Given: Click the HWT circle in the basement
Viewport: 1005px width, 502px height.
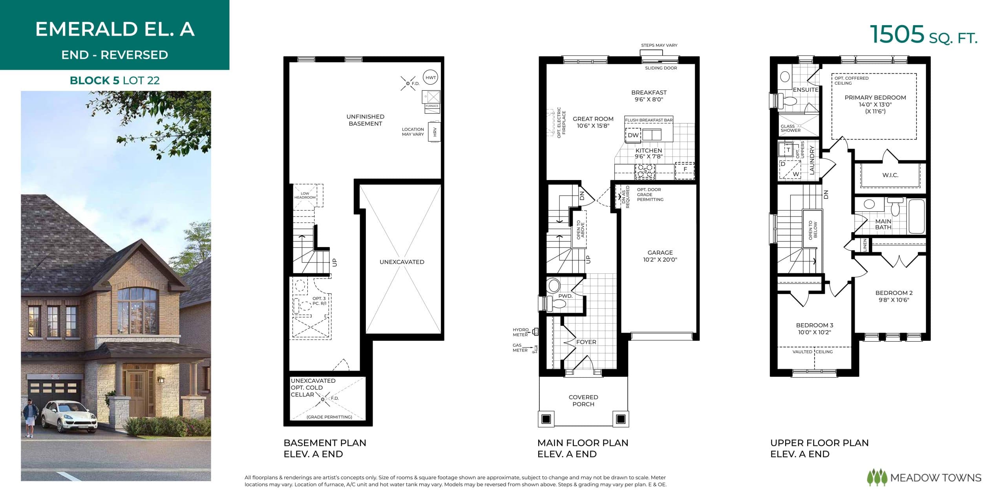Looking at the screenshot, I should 431,78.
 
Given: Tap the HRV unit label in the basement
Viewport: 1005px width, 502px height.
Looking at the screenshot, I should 435,132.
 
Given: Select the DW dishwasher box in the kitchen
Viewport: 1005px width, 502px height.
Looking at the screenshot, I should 633,135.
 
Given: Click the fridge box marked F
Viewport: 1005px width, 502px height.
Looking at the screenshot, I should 685,169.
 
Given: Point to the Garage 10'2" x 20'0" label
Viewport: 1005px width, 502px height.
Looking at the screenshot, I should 660,256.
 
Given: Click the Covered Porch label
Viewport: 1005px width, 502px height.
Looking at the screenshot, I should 583,400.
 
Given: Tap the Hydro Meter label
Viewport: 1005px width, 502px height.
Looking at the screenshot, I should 521,332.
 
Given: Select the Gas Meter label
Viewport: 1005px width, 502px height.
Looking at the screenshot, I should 520,347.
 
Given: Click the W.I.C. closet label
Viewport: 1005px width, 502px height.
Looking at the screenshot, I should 890,175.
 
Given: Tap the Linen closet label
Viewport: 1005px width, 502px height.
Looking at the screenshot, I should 865,245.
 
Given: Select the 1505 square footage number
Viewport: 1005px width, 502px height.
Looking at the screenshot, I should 897,35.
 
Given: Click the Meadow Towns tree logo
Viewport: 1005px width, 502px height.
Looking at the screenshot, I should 877,478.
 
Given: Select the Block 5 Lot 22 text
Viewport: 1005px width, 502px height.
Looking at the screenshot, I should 115,80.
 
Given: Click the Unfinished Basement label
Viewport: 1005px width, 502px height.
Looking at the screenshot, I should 365,120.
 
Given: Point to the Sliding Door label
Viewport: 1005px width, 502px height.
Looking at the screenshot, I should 661,68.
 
